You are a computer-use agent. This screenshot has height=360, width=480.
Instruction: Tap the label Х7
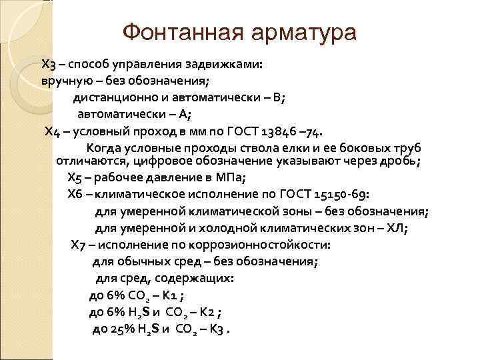tap(79, 244)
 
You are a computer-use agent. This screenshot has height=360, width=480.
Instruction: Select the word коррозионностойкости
tap(255, 244)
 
